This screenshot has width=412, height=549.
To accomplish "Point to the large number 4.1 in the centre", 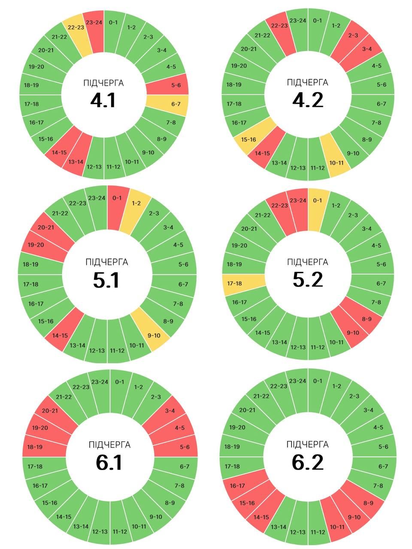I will (103, 101).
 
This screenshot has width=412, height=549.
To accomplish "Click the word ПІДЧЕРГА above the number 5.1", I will (107, 262).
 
